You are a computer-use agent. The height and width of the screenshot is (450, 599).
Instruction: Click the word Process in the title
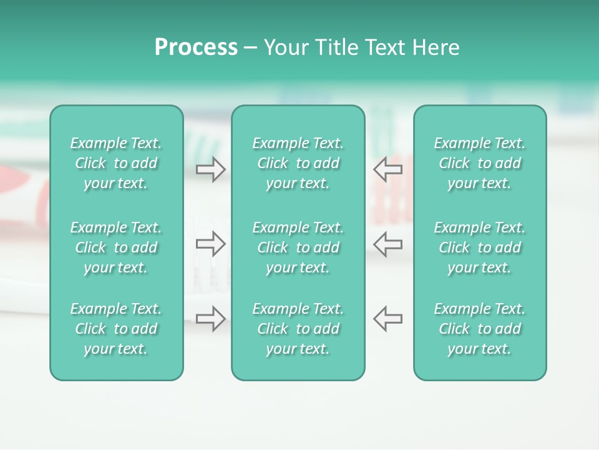196,47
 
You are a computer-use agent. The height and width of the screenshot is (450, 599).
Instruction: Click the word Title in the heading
335,47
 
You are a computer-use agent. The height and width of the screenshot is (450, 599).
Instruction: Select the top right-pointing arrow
211,169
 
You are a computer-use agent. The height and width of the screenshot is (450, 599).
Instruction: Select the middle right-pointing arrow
211,244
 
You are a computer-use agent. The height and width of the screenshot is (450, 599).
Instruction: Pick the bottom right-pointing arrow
211,319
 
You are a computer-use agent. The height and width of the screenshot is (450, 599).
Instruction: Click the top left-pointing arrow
387,169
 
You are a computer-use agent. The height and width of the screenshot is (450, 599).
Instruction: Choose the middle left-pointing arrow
387,244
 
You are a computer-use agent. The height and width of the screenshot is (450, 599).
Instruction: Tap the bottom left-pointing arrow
387,319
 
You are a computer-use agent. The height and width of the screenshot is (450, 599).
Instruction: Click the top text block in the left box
116,163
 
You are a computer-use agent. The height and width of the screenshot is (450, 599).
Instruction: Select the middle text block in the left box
116,247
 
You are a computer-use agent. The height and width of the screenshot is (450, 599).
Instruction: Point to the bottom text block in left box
116,329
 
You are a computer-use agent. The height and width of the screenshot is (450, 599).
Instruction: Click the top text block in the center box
298,163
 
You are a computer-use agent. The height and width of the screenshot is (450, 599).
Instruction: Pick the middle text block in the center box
298,247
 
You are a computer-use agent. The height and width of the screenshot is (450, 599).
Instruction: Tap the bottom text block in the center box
298,329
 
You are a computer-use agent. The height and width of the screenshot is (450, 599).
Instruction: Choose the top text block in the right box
479,163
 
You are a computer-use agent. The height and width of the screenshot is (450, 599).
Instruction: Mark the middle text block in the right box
479,247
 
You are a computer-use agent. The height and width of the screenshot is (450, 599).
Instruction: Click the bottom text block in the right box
479,329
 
